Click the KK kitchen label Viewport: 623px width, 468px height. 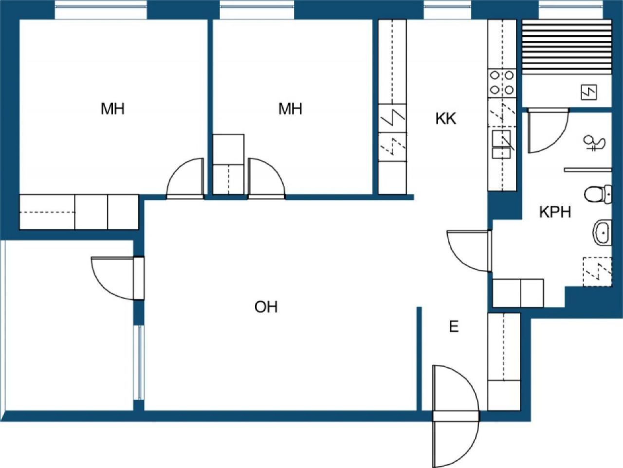click(446, 119)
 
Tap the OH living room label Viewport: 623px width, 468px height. click(266, 307)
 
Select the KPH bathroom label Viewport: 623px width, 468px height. click(555, 212)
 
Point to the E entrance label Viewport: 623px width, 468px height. click(454, 326)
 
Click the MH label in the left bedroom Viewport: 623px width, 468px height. click(113, 108)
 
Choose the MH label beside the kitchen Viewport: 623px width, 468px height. click(290, 108)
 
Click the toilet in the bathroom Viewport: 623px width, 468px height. click(598, 194)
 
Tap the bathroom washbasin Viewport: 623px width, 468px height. click(602, 233)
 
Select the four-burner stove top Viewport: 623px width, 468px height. click(502, 83)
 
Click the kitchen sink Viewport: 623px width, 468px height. click(501, 144)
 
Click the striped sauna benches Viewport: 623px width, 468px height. click(567, 47)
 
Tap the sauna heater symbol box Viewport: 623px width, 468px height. click(589, 92)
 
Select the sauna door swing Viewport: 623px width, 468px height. click(548, 130)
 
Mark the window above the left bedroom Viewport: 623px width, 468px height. click(101, 10)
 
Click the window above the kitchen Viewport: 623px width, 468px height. click(448, 10)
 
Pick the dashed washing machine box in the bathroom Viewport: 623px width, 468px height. click(598, 272)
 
